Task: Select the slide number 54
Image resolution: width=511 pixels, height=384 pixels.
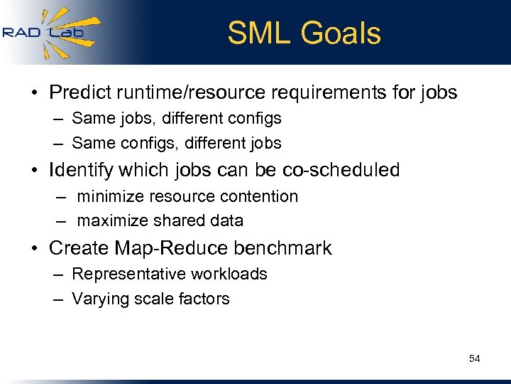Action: click(474, 358)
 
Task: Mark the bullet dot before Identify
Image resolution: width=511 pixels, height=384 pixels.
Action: click(35, 171)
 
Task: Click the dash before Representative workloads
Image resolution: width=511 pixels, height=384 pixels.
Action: click(57, 274)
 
